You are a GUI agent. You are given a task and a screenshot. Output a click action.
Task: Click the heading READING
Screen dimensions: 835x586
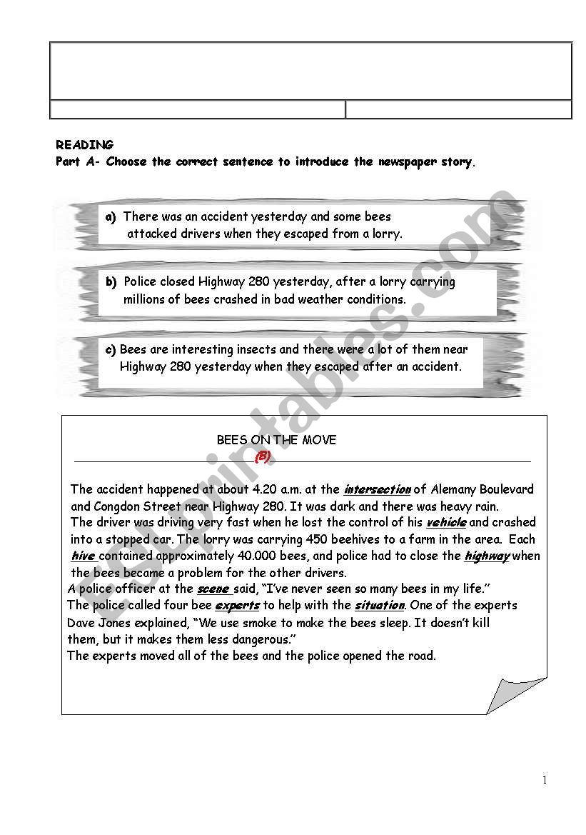pos(84,145)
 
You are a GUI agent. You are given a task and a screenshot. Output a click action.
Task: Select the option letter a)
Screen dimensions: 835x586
pos(111,216)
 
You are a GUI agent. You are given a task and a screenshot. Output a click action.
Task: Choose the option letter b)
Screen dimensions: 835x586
pos(111,282)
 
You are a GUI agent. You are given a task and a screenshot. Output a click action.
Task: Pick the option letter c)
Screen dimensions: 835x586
pos(111,350)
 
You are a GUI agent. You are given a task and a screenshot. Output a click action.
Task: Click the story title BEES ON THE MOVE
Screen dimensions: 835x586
pos(276,440)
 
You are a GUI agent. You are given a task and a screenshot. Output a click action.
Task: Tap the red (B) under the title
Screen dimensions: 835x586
pos(263,457)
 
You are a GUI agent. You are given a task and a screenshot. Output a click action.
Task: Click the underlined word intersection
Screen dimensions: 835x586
pos(377,490)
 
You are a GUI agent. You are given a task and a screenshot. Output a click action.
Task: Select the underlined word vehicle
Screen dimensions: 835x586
pos(446,523)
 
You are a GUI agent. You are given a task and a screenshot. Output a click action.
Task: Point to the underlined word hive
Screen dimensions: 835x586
pos(83,556)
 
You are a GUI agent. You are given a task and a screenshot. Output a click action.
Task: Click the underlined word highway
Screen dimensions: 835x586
pos(487,556)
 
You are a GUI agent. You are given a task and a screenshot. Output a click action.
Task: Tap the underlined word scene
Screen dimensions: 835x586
pos(213,589)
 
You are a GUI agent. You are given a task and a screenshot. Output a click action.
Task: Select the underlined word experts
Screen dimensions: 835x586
pos(237,606)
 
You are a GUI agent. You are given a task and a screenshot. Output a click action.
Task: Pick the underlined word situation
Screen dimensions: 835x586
pos(379,606)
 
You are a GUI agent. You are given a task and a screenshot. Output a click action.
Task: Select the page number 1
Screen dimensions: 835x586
pos(545,780)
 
